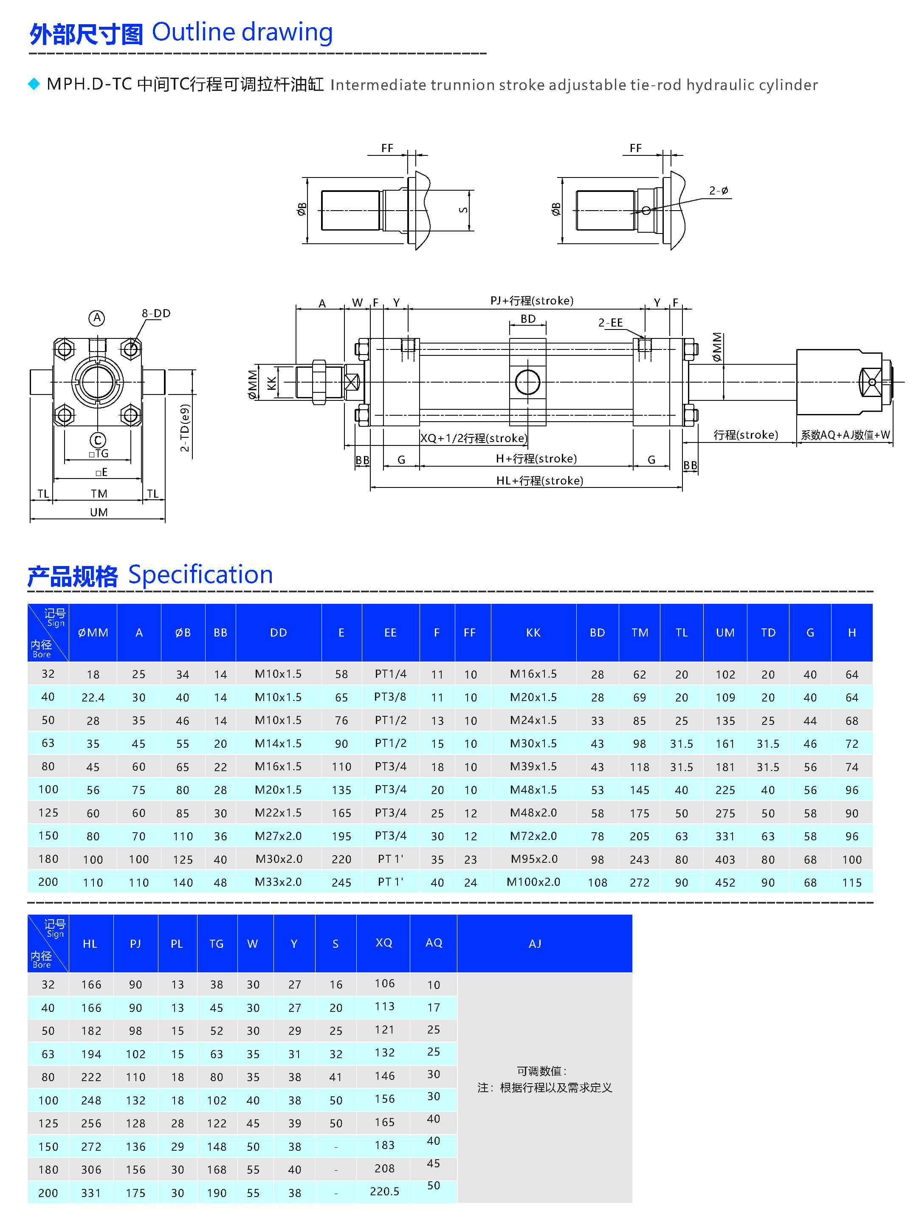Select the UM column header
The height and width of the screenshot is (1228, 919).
724,632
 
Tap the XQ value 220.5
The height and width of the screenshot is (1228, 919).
384,1191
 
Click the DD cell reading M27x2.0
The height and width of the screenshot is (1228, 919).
278,836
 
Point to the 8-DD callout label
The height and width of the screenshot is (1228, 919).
156,313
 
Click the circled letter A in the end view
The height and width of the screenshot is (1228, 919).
97,318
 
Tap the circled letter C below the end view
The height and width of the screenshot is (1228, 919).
98,440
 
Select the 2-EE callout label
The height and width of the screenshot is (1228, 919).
610,323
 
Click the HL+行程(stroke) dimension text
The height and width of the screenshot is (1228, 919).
539,480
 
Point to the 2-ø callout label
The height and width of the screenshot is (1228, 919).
719,190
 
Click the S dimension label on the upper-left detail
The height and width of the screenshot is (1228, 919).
463,210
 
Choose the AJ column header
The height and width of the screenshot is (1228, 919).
535,943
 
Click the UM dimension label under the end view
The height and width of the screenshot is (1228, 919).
99,512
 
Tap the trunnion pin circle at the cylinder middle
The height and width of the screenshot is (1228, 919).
527,382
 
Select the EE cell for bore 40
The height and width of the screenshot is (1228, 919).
390,697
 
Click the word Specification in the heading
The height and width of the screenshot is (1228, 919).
200,575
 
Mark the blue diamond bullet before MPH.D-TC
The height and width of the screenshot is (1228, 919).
34,84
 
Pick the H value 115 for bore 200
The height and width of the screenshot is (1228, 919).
851,882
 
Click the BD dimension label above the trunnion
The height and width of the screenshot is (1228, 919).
527,318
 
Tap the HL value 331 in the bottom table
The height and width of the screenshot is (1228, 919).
91,1192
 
